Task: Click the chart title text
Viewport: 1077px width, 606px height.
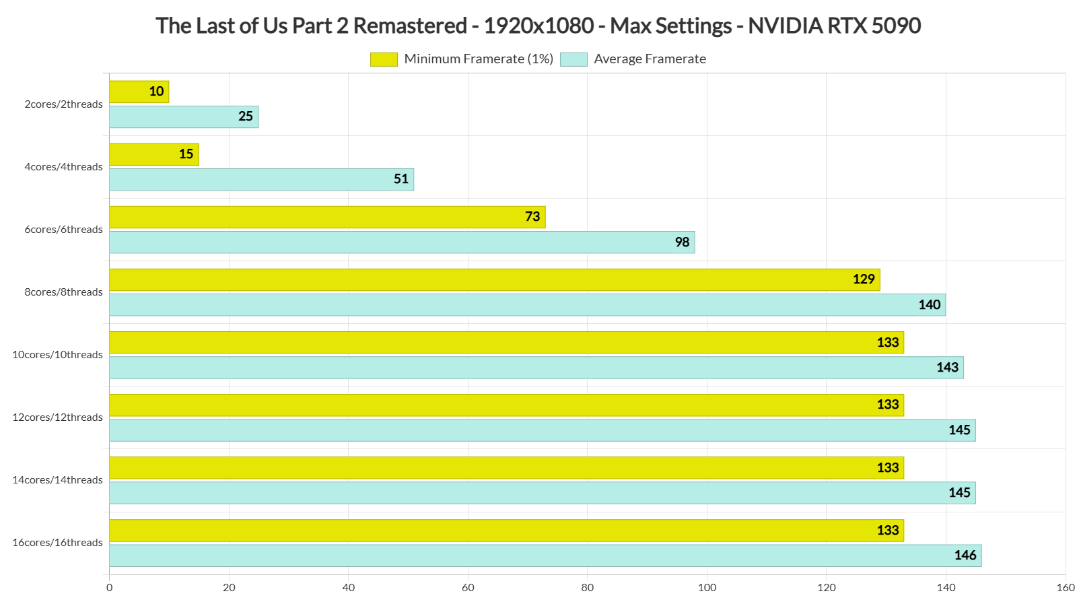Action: (x=538, y=26)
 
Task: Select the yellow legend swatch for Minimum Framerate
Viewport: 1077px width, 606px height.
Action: (x=384, y=59)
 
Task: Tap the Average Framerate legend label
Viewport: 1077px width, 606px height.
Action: (x=650, y=59)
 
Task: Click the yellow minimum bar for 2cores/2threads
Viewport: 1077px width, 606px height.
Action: (x=139, y=92)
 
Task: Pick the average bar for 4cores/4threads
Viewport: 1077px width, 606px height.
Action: (x=261, y=179)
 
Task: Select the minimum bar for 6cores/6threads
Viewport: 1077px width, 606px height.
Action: (x=327, y=217)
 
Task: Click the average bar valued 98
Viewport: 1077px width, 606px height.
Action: (x=402, y=242)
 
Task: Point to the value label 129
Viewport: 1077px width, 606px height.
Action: (x=864, y=279)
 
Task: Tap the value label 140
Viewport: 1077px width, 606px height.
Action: (x=929, y=305)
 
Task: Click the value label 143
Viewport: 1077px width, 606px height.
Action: (x=947, y=368)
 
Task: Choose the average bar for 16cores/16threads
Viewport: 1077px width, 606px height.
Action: (x=545, y=555)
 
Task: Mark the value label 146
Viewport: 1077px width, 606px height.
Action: (x=965, y=555)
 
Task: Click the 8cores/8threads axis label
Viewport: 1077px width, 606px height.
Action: (x=64, y=292)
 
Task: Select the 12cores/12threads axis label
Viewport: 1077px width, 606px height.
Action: (x=58, y=417)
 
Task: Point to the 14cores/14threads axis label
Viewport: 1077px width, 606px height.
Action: (x=58, y=480)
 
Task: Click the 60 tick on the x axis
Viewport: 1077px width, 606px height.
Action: (x=468, y=588)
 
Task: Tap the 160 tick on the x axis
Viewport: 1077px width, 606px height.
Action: (x=1066, y=588)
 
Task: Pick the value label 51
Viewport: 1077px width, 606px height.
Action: (x=401, y=179)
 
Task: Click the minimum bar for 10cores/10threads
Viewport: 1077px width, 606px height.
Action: (x=506, y=343)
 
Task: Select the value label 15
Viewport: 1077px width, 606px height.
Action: (x=186, y=154)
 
